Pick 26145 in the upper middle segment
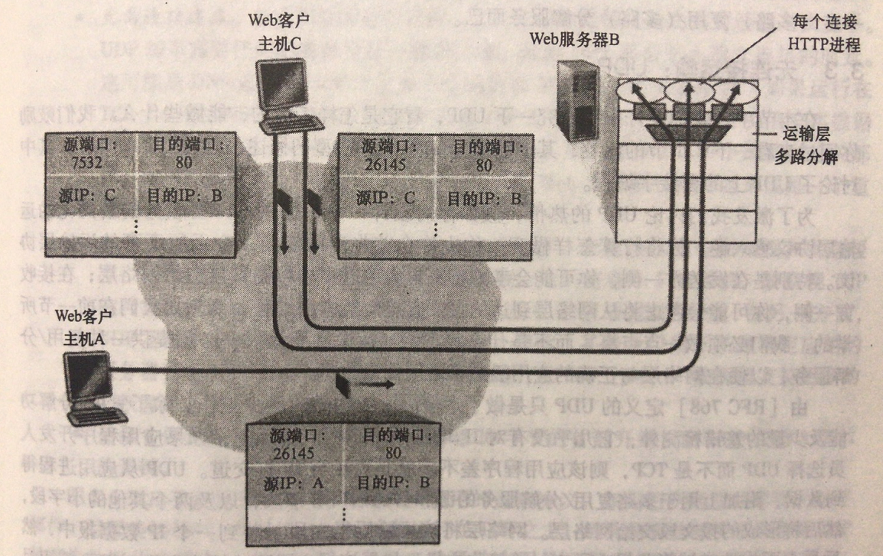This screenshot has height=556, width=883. [x=380, y=164]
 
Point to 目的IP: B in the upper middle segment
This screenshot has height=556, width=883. [x=484, y=198]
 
